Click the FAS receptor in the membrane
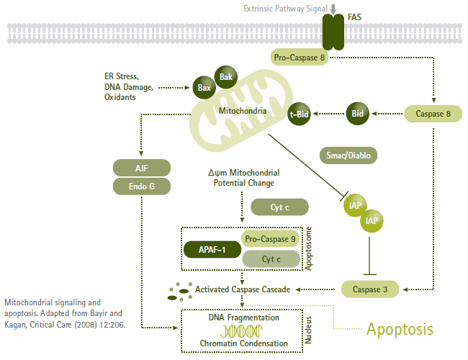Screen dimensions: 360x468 pos(333,32)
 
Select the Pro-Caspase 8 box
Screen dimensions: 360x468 pos(302,57)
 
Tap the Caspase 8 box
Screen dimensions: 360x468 pos(433,113)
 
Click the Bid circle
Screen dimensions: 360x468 pos(357,113)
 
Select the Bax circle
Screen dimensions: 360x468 pos(204,88)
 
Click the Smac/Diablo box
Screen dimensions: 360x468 pos(347,154)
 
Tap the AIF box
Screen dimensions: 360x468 pos(142,168)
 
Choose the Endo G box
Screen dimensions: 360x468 pos(142,186)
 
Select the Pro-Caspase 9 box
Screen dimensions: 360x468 pos(269,239)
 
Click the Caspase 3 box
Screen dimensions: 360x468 pos(369,289)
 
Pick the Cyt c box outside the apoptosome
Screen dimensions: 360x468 pos(279,207)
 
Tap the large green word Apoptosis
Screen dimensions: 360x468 pos(400,330)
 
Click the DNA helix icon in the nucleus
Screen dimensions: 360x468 pos(243,330)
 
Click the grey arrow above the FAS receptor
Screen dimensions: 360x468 pos(333,9)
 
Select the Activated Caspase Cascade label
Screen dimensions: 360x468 pos(243,289)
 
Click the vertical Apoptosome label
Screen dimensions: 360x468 pos(308,249)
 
